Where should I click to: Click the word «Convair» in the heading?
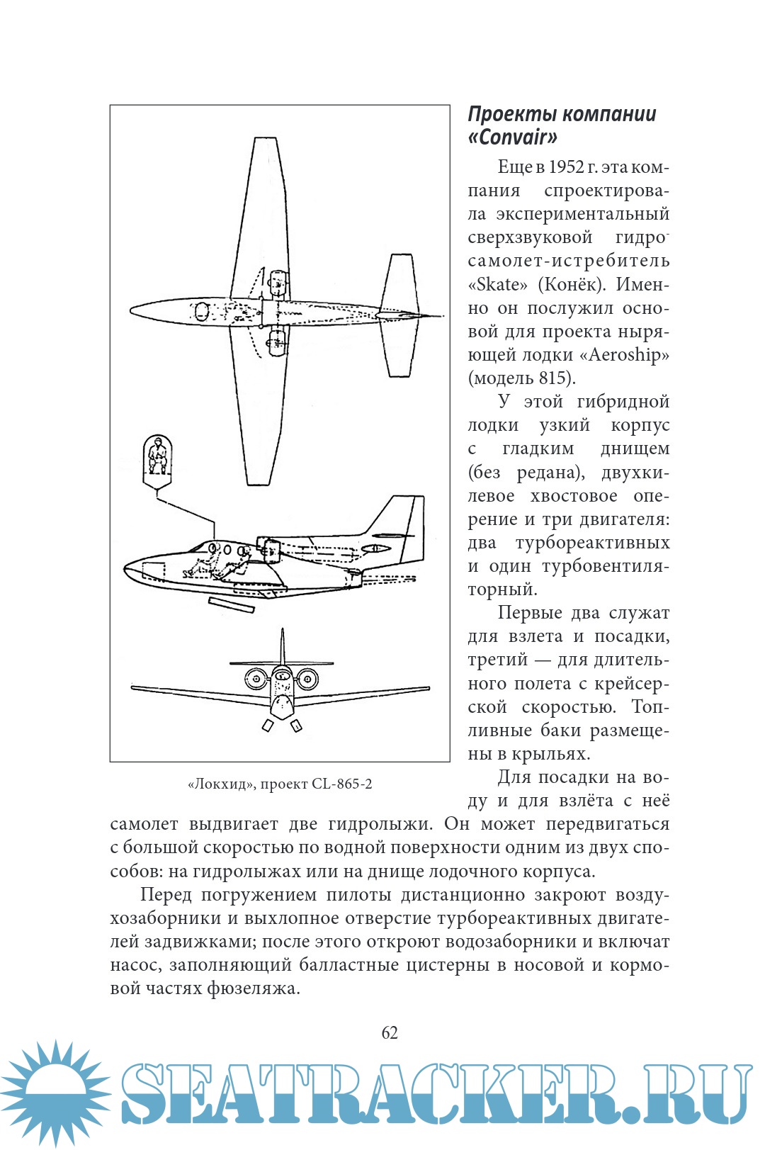[513, 137]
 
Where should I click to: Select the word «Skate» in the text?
[498, 285]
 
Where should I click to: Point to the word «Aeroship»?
[628, 355]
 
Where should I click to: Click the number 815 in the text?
[553, 378]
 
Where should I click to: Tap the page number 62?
[390, 1032]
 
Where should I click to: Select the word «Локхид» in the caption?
[220, 784]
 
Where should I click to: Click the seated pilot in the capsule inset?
[157, 456]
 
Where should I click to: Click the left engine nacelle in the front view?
[256, 679]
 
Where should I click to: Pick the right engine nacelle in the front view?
[307, 679]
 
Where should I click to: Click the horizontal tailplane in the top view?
[399, 315]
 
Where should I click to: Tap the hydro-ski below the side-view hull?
[231, 604]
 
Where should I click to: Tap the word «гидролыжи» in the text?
[380, 824]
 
